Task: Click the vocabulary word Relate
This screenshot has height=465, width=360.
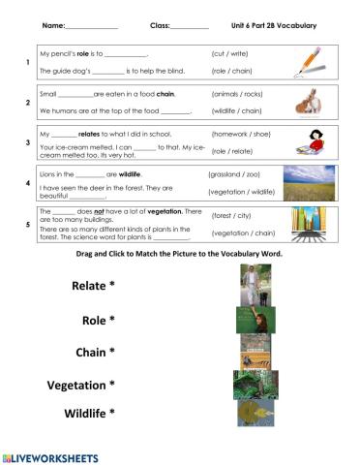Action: [94, 285]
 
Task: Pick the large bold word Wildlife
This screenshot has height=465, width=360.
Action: [89, 414]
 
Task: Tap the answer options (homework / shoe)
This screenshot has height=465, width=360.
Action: [241, 135]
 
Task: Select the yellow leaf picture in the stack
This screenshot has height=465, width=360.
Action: [255, 413]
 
